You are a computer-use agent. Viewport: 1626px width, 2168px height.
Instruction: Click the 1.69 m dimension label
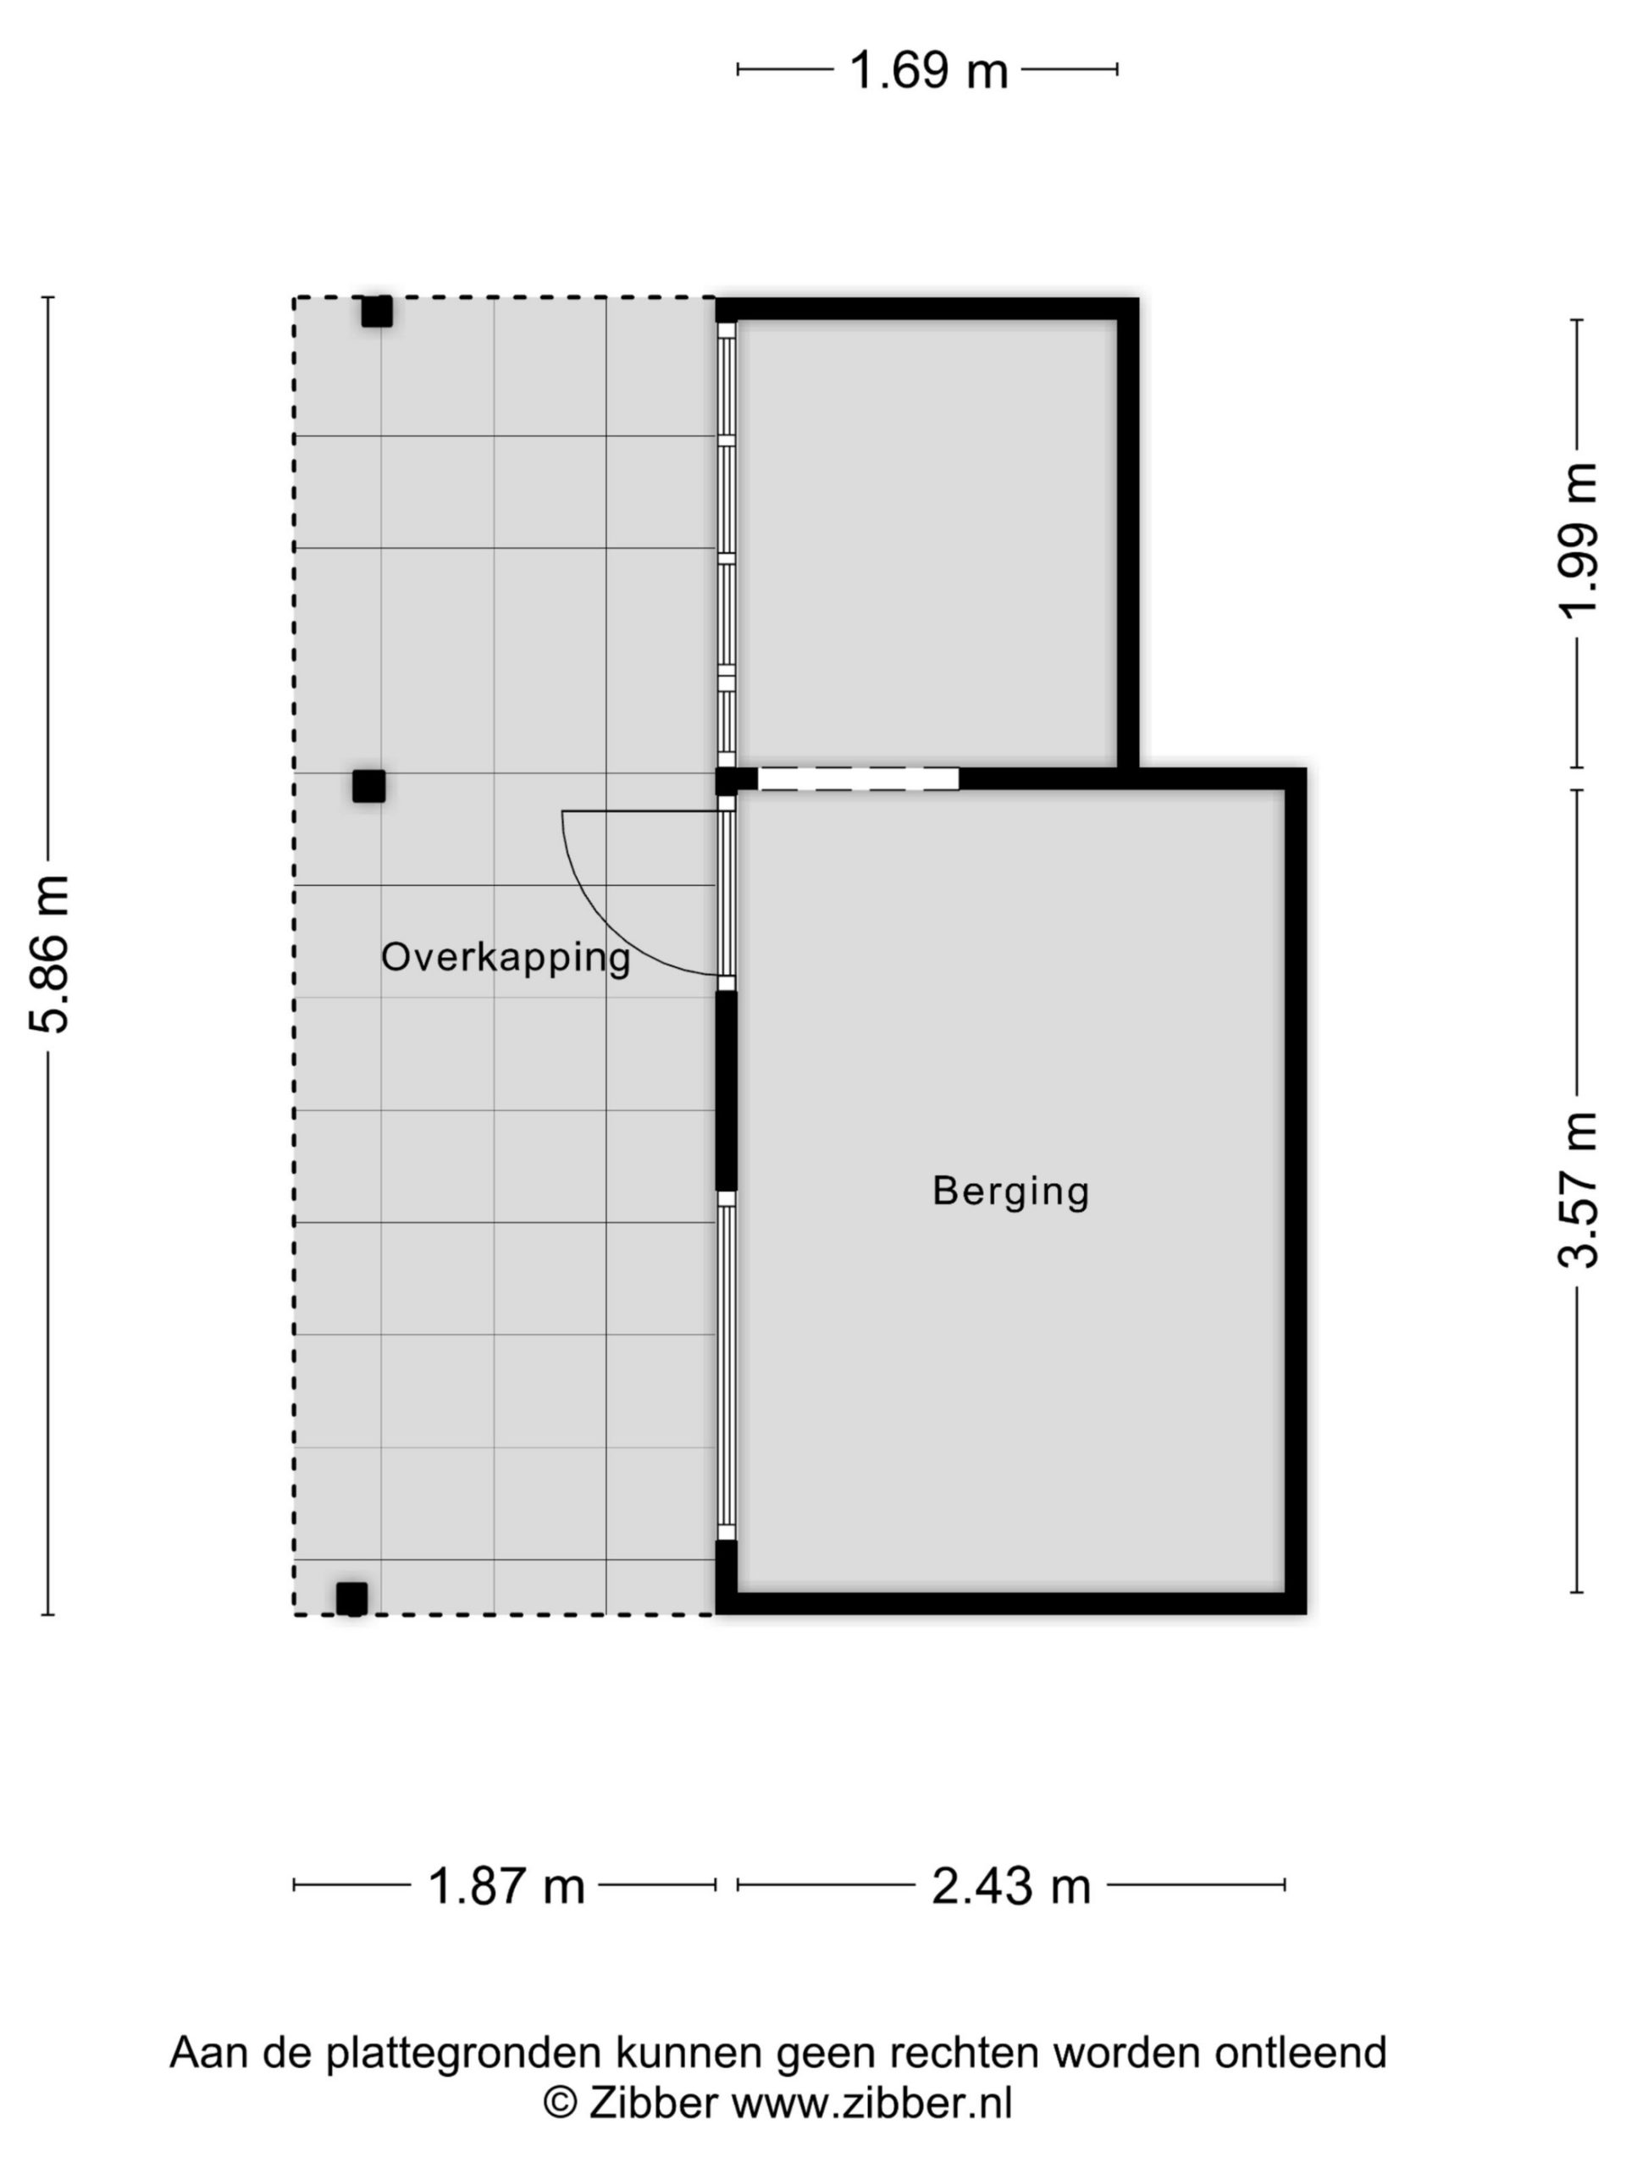(x=927, y=70)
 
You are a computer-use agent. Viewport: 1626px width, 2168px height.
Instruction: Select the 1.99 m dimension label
(x=1577, y=540)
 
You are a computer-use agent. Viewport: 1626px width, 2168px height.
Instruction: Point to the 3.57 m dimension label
(x=1577, y=1190)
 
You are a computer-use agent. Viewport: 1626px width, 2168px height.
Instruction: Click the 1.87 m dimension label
(x=506, y=1885)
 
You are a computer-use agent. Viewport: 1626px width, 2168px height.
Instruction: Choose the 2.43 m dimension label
(x=1010, y=1885)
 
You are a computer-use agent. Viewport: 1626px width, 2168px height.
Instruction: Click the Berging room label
(x=1009, y=1191)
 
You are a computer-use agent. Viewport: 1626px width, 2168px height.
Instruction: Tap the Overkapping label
(x=505, y=958)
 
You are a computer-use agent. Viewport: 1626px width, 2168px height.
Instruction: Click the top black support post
(x=376, y=312)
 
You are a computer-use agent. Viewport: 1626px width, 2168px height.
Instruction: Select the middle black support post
(x=368, y=786)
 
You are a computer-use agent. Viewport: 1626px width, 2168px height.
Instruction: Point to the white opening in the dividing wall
(x=858, y=778)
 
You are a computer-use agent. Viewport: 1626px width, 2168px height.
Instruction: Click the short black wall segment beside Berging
(x=725, y=1091)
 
